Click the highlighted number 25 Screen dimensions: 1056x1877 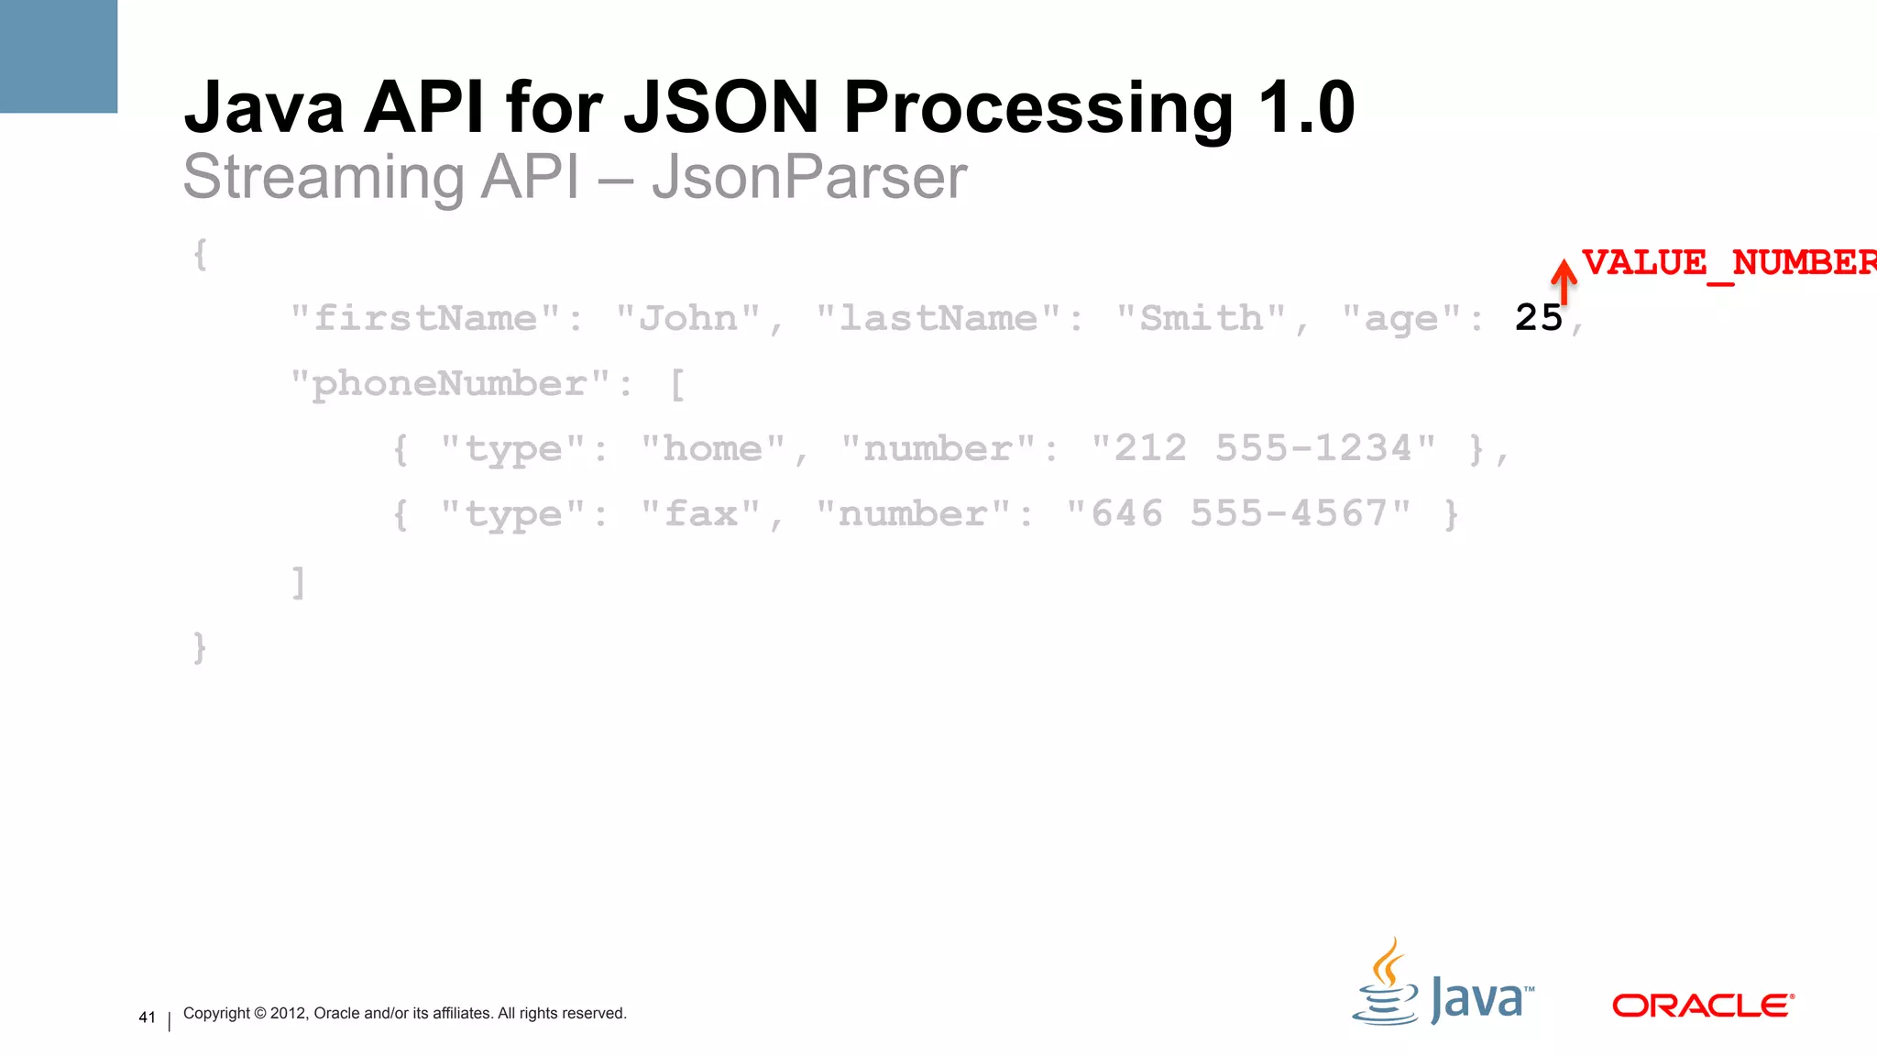(1538, 318)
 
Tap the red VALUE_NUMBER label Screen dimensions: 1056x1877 (1729, 263)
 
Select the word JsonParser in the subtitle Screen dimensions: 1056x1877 (809, 177)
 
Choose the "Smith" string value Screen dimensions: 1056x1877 (1202, 319)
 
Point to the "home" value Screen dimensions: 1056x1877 (713, 449)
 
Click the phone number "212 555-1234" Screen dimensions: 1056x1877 (1263, 449)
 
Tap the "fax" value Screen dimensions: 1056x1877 (701, 514)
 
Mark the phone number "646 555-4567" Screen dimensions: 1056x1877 (1239, 514)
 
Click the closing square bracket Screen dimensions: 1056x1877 (298, 581)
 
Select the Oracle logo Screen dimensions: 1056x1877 (1702, 1006)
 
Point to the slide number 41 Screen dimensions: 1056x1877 (147, 1017)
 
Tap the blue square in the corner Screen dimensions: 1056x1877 (59, 56)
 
